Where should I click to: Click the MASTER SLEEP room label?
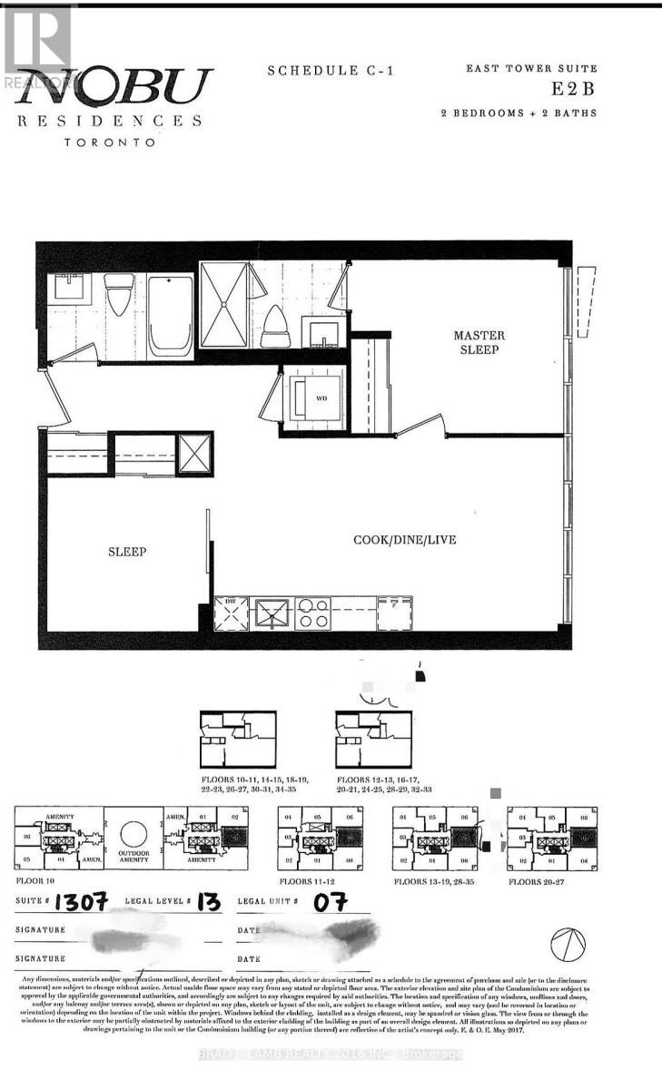pyautogui.click(x=479, y=342)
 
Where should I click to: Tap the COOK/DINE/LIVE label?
pyautogui.click(x=404, y=540)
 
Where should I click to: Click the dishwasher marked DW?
pyautogui.click(x=231, y=613)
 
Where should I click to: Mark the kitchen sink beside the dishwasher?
pyautogui.click(x=272, y=613)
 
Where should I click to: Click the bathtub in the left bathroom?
pyautogui.click(x=170, y=312)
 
